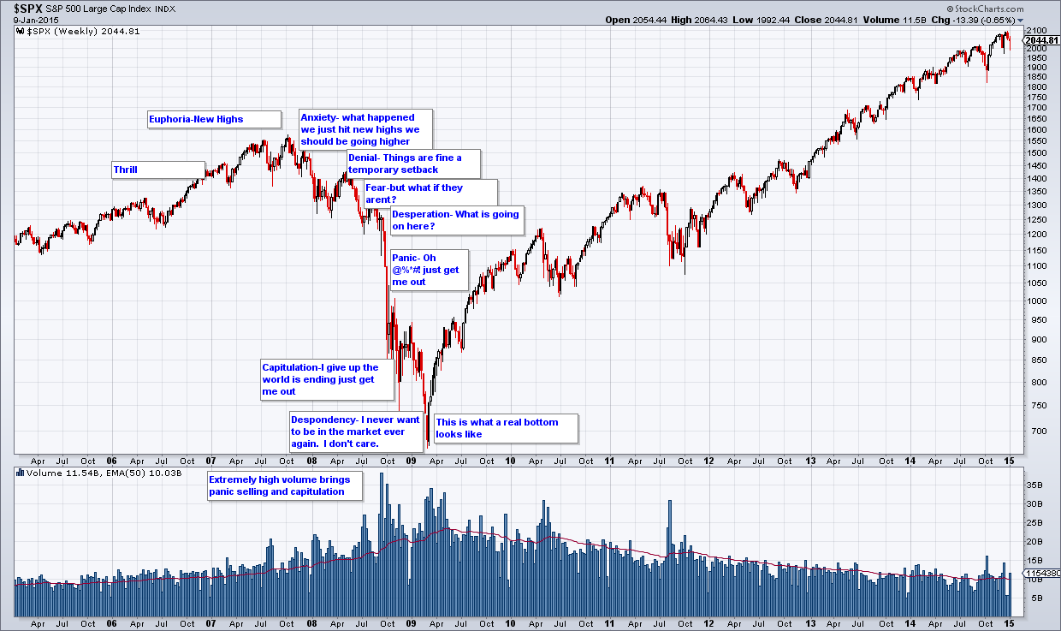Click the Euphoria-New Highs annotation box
tap(214, 119)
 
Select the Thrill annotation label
tap(158, 170)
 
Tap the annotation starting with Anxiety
tap(365, 129)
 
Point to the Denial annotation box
tap(414, 164)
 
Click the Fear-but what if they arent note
tap(430, 193)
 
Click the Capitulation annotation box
tap(328, 379)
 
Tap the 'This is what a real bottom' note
tap(506, 428)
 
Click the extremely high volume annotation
tap(285, 485)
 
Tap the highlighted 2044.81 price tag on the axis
tap(1041, 40)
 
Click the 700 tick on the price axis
tap(1034, 432)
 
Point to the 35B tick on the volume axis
tap(1034, 485)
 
